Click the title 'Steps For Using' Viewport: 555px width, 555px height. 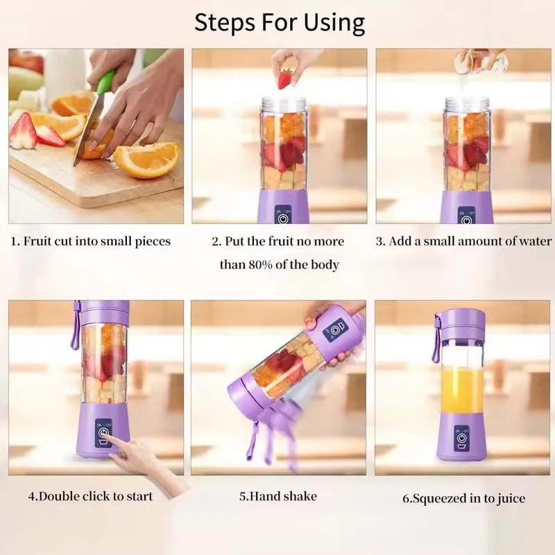279,23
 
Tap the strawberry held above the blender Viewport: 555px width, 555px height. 285,78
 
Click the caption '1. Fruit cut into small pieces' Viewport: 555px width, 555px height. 90,241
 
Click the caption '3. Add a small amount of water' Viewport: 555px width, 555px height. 463,241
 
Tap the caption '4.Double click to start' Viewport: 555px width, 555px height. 90,496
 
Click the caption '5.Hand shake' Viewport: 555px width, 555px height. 277,496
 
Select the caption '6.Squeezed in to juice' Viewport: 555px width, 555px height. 463,498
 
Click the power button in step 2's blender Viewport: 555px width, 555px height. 282,217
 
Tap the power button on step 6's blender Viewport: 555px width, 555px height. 461,439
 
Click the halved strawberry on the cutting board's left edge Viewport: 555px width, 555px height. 22,131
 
